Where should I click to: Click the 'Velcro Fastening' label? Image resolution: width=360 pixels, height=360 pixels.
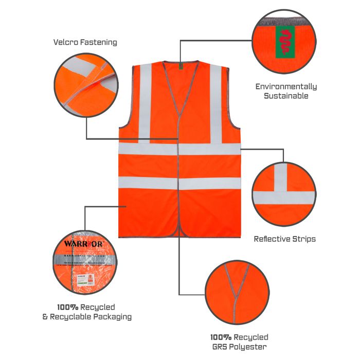click(85, 42)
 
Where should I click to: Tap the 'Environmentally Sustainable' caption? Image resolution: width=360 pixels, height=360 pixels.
click(286, 91)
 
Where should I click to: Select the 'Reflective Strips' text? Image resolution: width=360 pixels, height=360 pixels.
click(284, 239)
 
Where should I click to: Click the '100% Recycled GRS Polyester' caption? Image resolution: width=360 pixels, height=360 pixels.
click(239, 342)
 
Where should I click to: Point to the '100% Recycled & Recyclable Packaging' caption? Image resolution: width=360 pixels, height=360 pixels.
click(86, 312)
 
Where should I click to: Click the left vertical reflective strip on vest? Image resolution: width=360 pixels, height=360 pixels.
click(145, 103)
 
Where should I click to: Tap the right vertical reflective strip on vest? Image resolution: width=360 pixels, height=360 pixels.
click(215, 103)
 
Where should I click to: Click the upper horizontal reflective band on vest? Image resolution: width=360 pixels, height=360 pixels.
click(179, 149)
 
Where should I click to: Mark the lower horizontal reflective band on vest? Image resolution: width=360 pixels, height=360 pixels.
click(179, 183)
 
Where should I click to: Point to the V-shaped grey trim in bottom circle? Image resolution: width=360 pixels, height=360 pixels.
click(233, 288)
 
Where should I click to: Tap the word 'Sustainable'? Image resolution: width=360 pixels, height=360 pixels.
click(286, 96)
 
